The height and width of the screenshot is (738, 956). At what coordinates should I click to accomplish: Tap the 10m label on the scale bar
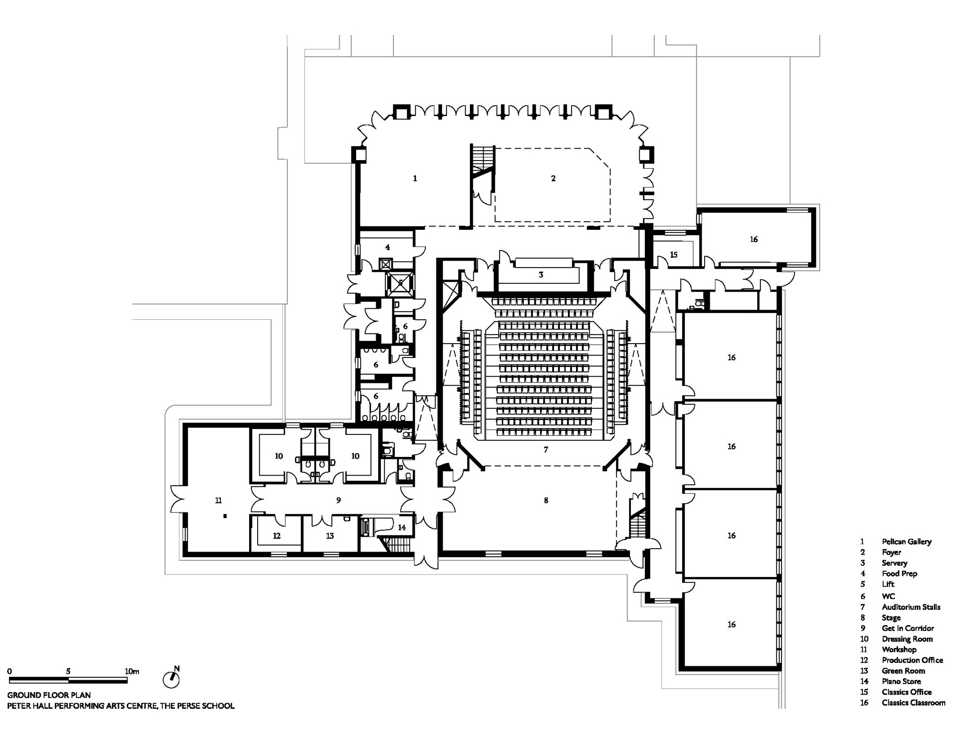click(131, 671)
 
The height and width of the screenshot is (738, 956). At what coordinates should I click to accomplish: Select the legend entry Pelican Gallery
click(906, 542)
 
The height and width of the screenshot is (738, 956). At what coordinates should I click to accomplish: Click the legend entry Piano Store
click(901, 681)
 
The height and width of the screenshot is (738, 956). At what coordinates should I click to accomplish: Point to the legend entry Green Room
click(903, 671)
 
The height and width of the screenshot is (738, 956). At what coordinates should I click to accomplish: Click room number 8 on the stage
click(546, 500)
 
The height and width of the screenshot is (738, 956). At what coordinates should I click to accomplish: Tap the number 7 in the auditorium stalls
click(546, 449)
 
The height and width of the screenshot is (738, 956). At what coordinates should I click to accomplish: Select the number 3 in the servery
click(541, 275)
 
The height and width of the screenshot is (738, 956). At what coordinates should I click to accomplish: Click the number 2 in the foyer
click(553, 178)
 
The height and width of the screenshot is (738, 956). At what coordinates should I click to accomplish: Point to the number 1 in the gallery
click(415, 178)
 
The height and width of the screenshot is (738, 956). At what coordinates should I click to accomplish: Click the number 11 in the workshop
click(218, 500)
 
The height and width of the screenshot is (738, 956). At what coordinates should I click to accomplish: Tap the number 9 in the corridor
click(338, 500)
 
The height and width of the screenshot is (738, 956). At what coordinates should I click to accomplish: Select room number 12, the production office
click(277, 536)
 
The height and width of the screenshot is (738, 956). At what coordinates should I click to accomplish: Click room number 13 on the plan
click(330, 536)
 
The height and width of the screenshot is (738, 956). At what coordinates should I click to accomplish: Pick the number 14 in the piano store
click(402, 527)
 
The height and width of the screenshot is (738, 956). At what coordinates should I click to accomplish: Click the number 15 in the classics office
click(674, 255)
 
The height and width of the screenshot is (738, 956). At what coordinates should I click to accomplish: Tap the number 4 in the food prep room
click(388, 247)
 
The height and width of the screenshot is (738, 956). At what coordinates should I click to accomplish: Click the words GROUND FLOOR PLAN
click(49, 695)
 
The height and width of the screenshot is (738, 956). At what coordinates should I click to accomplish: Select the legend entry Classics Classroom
click(913, 703)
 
